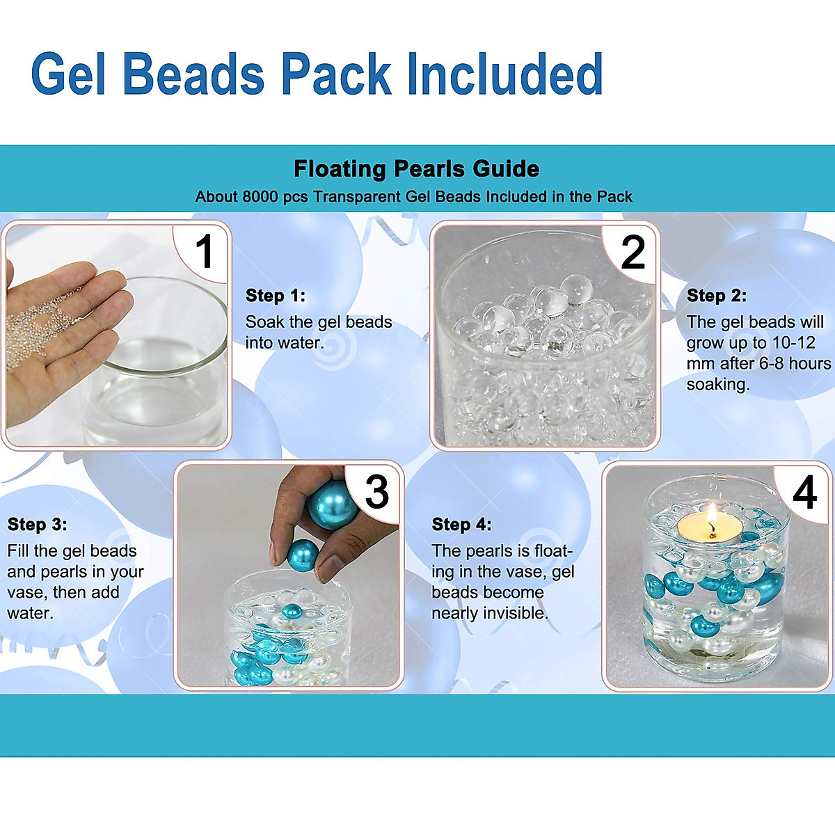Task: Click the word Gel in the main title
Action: (x=69, y=74)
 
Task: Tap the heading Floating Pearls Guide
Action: (x=416, y=169)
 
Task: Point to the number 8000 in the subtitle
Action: (x=260, y=197)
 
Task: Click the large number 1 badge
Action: (x=204, y=251)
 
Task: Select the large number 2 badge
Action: (x=633, y=252)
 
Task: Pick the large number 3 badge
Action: (x=376, y=492)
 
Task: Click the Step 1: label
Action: (x=276, y=296)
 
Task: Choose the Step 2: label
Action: (x=717, y=296)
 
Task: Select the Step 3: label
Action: (x=38, y=525)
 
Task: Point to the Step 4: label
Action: (x=461, y=525)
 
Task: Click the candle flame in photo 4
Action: (x=712, y=516)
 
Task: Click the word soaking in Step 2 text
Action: (x=717, y=385)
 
